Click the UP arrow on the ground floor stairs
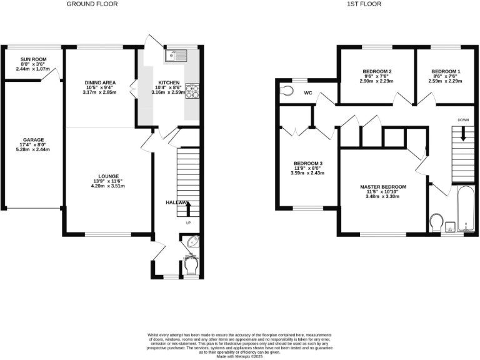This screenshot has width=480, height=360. point(187,208)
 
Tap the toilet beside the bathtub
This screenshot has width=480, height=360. point(437,222)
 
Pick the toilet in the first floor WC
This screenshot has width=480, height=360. point(287,91)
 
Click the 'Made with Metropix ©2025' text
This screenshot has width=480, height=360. point(240,357)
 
